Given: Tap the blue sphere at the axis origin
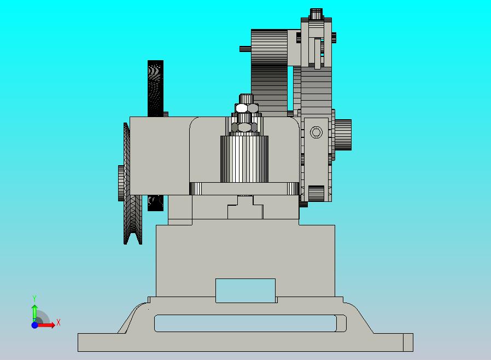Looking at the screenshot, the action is [34, 325].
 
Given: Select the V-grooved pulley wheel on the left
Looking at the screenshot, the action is [132, 184].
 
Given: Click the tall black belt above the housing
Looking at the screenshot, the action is [155, 88].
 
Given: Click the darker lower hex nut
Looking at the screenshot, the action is [244, 127].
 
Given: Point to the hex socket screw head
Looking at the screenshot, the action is [316, 132].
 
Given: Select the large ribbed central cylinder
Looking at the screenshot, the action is [244, 159].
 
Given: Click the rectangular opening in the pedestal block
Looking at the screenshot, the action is [245, 291].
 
